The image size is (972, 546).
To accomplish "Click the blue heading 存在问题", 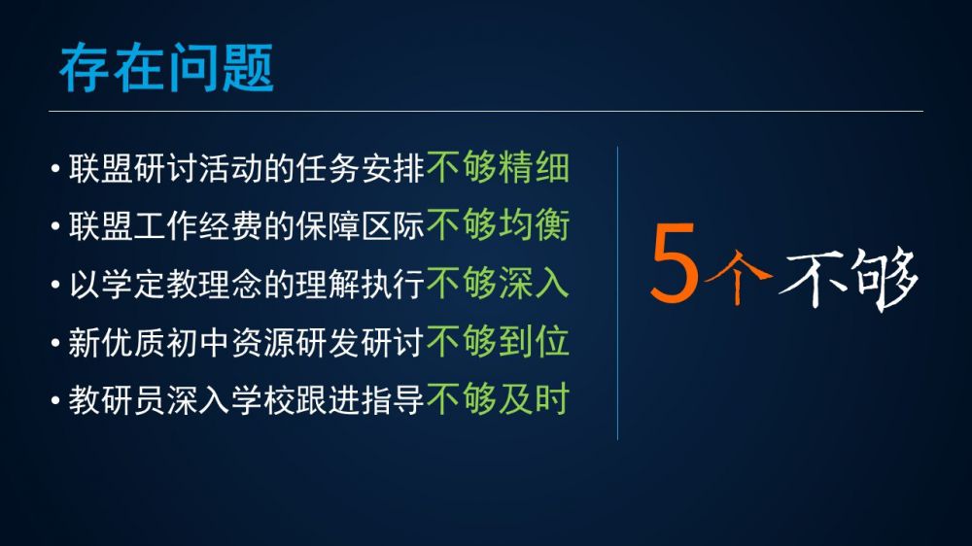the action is click(166, 68).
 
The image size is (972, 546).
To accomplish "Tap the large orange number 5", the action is click(675, 263).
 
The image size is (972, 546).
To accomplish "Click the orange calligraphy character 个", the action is click(738, 276).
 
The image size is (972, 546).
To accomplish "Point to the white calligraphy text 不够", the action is click(848, 278).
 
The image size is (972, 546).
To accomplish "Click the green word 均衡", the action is click(534, 225).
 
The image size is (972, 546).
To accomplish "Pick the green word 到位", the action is click(534, 341).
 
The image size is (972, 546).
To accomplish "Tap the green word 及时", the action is click(534, 398).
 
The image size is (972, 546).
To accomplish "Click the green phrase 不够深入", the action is click(498, 284).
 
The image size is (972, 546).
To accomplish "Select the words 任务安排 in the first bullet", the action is click(361, 168).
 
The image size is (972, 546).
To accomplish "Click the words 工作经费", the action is click(197, 225).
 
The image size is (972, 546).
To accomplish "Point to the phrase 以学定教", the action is click(132, 284).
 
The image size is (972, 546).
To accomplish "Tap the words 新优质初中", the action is click(149, 341).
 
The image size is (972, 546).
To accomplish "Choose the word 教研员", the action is click(117, 399).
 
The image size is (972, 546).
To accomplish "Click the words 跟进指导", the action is click(361, 399).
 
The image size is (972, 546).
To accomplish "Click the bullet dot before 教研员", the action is click(55, 400).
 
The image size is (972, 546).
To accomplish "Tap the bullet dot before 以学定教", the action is click(55, 285).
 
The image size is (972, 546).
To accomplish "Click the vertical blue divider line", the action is click(617, 293).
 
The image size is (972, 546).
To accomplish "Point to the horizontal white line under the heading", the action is click(486, 112).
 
